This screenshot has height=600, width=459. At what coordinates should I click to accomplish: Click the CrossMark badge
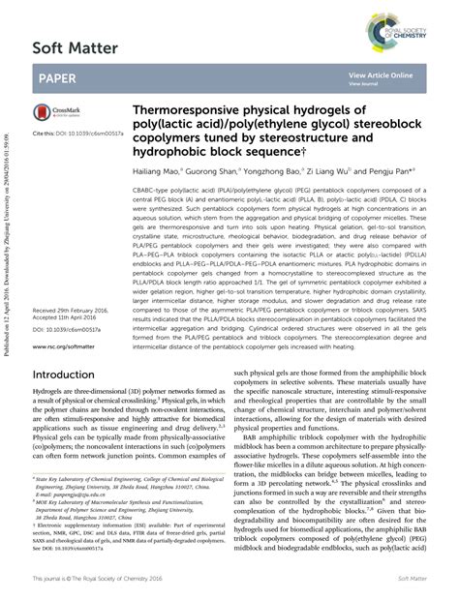pyautogui.click(x=57, y=112)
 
